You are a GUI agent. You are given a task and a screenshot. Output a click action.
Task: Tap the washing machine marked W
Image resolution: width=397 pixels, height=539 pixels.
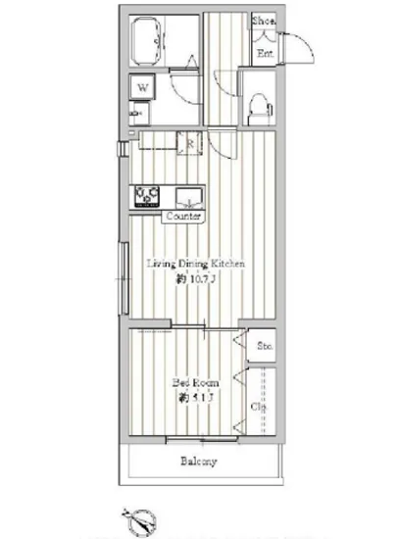[x=143, y=87]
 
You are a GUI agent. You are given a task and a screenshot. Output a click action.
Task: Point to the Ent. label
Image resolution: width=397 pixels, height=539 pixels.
[x=264, y=54]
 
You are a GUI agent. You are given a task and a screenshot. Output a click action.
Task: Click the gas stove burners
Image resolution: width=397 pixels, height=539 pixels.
[x=148, y=195]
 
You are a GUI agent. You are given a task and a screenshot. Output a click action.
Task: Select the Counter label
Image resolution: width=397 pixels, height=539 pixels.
[x=184, y=215]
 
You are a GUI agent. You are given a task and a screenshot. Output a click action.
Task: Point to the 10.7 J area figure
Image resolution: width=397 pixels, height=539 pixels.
[x=196, y=279]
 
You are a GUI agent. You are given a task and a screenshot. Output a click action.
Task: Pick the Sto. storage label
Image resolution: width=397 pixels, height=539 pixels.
[x=264, y=347]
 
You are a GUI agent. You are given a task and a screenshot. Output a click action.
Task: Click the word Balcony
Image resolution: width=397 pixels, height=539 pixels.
[x=197, y=462]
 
